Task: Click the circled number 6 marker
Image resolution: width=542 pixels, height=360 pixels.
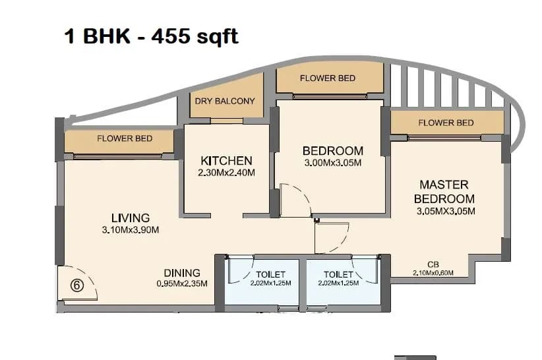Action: point(76,285)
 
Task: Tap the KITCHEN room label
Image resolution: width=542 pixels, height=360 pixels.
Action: point(226,161)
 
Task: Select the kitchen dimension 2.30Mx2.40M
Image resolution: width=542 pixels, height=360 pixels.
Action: point(226,173)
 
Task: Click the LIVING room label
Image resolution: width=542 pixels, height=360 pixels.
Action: point(130,218)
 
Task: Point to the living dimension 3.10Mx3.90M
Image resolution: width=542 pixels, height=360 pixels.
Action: point(130,230)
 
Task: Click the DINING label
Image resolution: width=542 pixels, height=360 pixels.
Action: point(182,273)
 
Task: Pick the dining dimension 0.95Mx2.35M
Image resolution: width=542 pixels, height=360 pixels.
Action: point(182,284)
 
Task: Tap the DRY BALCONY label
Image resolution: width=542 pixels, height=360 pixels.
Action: point(225,102)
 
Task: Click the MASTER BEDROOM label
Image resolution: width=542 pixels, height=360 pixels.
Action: point(444,192)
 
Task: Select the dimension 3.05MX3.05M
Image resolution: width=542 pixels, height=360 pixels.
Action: point(446,212)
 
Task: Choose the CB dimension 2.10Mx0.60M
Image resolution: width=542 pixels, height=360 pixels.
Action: point(433,272)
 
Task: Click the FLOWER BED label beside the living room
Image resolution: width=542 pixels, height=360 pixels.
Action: point(125,138)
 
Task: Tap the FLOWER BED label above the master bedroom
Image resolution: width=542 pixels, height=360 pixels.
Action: point(446,123)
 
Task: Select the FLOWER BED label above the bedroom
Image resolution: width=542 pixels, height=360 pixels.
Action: point(328,78)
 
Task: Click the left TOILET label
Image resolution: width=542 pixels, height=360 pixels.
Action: point(270,274)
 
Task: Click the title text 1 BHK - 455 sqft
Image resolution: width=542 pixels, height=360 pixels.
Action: point(151,36)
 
